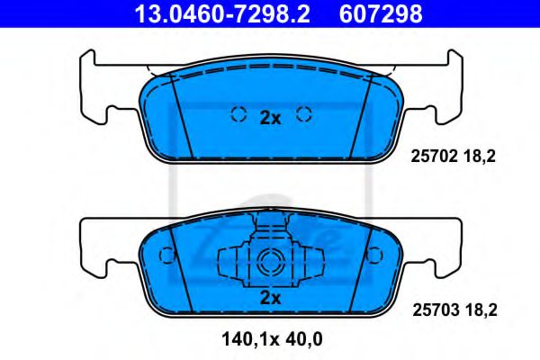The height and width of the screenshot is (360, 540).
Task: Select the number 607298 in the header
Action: [379, 14]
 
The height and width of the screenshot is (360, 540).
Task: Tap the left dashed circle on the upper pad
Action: [239, 114]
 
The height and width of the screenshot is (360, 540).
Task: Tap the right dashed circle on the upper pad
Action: [303, 114]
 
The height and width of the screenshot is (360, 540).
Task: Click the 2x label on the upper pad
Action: [271, 116]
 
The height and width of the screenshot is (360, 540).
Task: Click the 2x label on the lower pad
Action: [270, 298]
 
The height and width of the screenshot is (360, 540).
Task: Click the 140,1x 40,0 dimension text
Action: [270, 339]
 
